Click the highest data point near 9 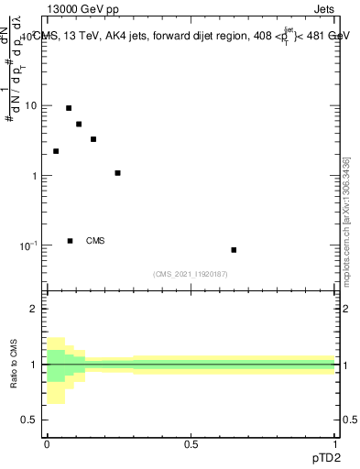(x=69, y=108)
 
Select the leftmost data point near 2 (x=56, y=151)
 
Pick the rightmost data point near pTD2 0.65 (x=234, y=249)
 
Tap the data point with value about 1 (x=117, y=173)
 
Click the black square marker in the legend (x=71, y=241)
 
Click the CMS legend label (x=95, y=241)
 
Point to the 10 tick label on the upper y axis (x=30, y=105)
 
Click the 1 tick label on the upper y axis (x=34, y=176)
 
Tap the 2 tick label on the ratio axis (x=34, y=309)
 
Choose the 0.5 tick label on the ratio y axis (x=30, y=420)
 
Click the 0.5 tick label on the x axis (x=191, y=444)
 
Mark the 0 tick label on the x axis (x=46, y=444)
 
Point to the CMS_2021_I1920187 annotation (x=191, y=274)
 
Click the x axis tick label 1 (x=335, y=444)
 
